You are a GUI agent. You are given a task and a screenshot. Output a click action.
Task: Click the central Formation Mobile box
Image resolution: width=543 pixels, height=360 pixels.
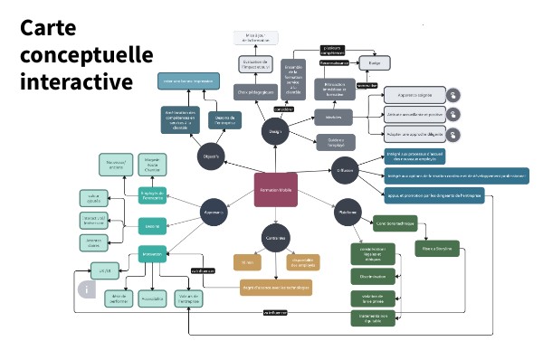(275, 190)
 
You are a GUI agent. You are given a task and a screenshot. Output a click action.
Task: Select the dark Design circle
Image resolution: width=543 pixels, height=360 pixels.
(275, 131)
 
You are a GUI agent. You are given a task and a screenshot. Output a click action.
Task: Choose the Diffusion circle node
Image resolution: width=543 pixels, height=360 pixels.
(344, 169)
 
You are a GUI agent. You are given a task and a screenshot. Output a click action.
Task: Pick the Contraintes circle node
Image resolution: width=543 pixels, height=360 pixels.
(275, 237)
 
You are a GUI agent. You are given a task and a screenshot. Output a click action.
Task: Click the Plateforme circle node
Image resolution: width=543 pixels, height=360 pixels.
(344, 213)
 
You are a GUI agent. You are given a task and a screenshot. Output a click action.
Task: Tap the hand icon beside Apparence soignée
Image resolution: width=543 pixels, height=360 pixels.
(452, 94)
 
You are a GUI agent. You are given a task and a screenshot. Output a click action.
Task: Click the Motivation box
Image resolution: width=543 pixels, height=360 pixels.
(154, 253)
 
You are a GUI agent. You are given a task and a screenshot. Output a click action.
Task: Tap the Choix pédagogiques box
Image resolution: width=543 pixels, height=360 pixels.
(256, 92)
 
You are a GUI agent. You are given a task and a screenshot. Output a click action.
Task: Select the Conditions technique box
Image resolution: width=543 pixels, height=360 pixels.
(395, 222)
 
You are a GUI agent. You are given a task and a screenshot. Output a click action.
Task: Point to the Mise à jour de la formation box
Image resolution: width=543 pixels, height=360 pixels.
(255, 37)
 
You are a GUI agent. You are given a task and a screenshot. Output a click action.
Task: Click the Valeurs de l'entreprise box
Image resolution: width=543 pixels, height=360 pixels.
(188, 297)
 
